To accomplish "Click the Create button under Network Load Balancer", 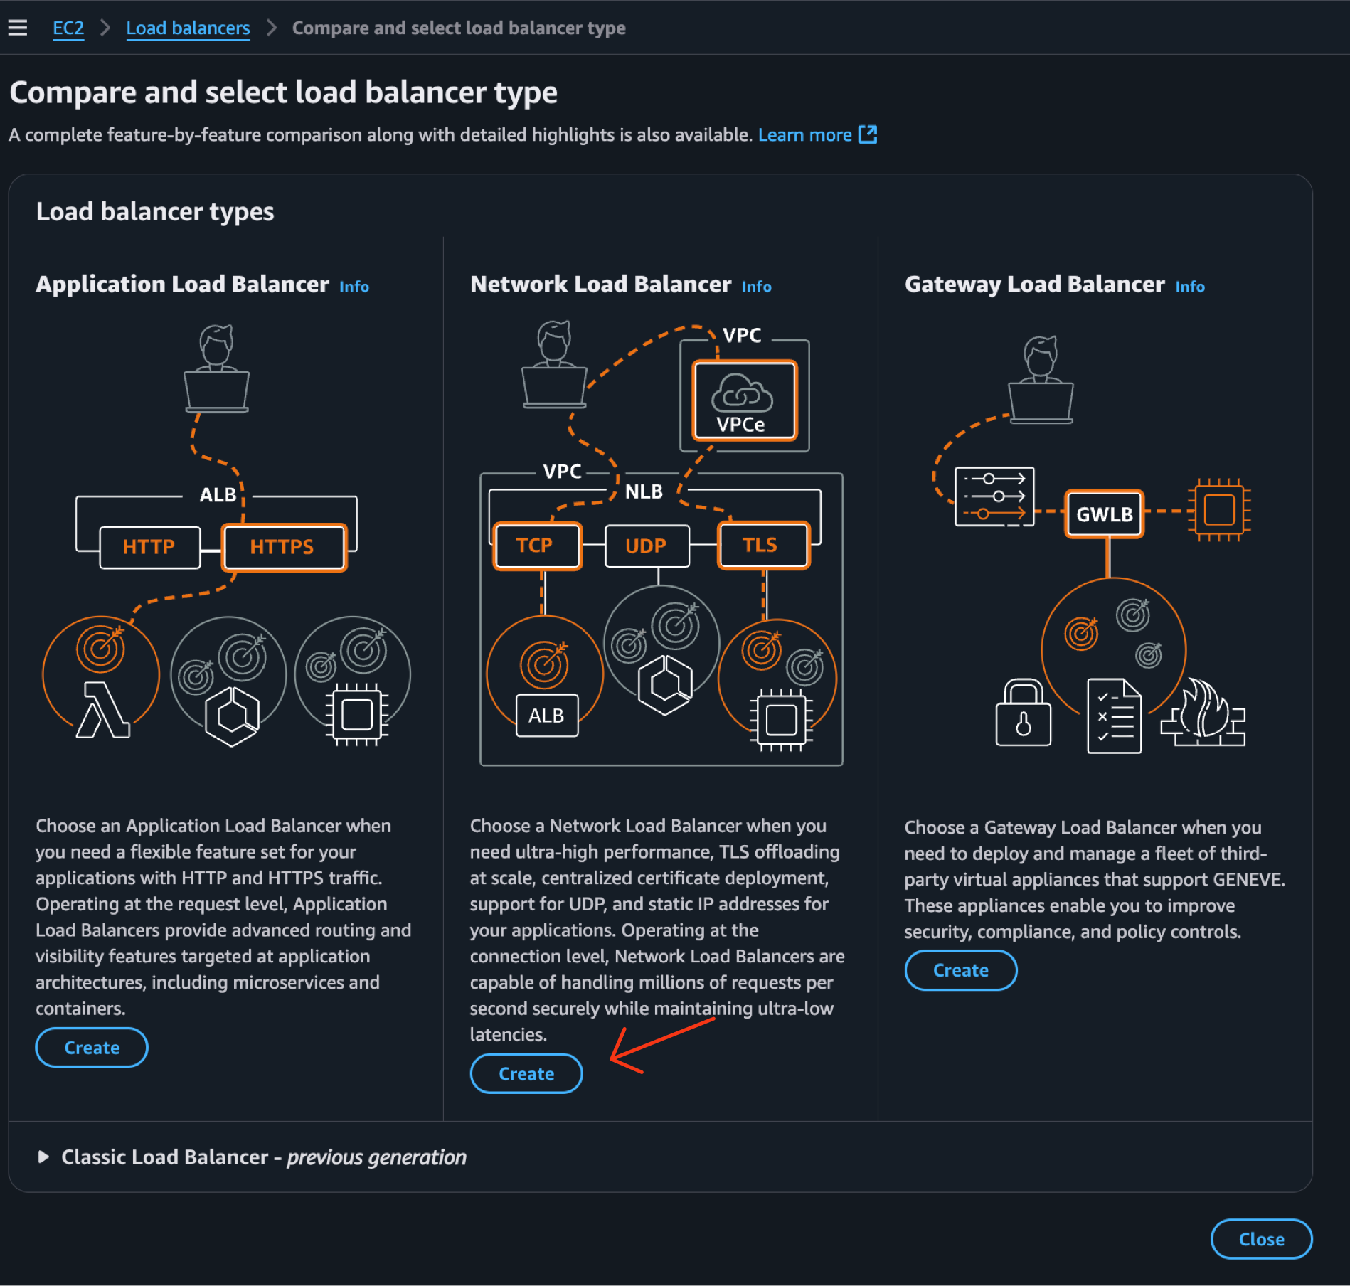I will [x=526, y=1073].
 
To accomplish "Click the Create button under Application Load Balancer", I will [x=92, y=1047].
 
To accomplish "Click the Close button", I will [x=1260, y=1239].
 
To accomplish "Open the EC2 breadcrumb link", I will [x=68, y=28].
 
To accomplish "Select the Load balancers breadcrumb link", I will [x=188, y=28].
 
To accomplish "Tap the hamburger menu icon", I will [x=18, y=28].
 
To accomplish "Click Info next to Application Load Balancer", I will [x=354, y=287].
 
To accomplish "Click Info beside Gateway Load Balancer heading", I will [x=1189, y=287].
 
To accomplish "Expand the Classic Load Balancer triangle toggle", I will [x=43, y=1157].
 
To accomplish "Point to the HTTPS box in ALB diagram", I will [x=283, y=547].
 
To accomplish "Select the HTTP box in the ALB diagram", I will [x=149, y=547].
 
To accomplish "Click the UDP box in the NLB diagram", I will [x=646, y=546].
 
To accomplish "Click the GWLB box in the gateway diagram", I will [x=1104, y=514].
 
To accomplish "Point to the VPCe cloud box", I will [x=744, y=401].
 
